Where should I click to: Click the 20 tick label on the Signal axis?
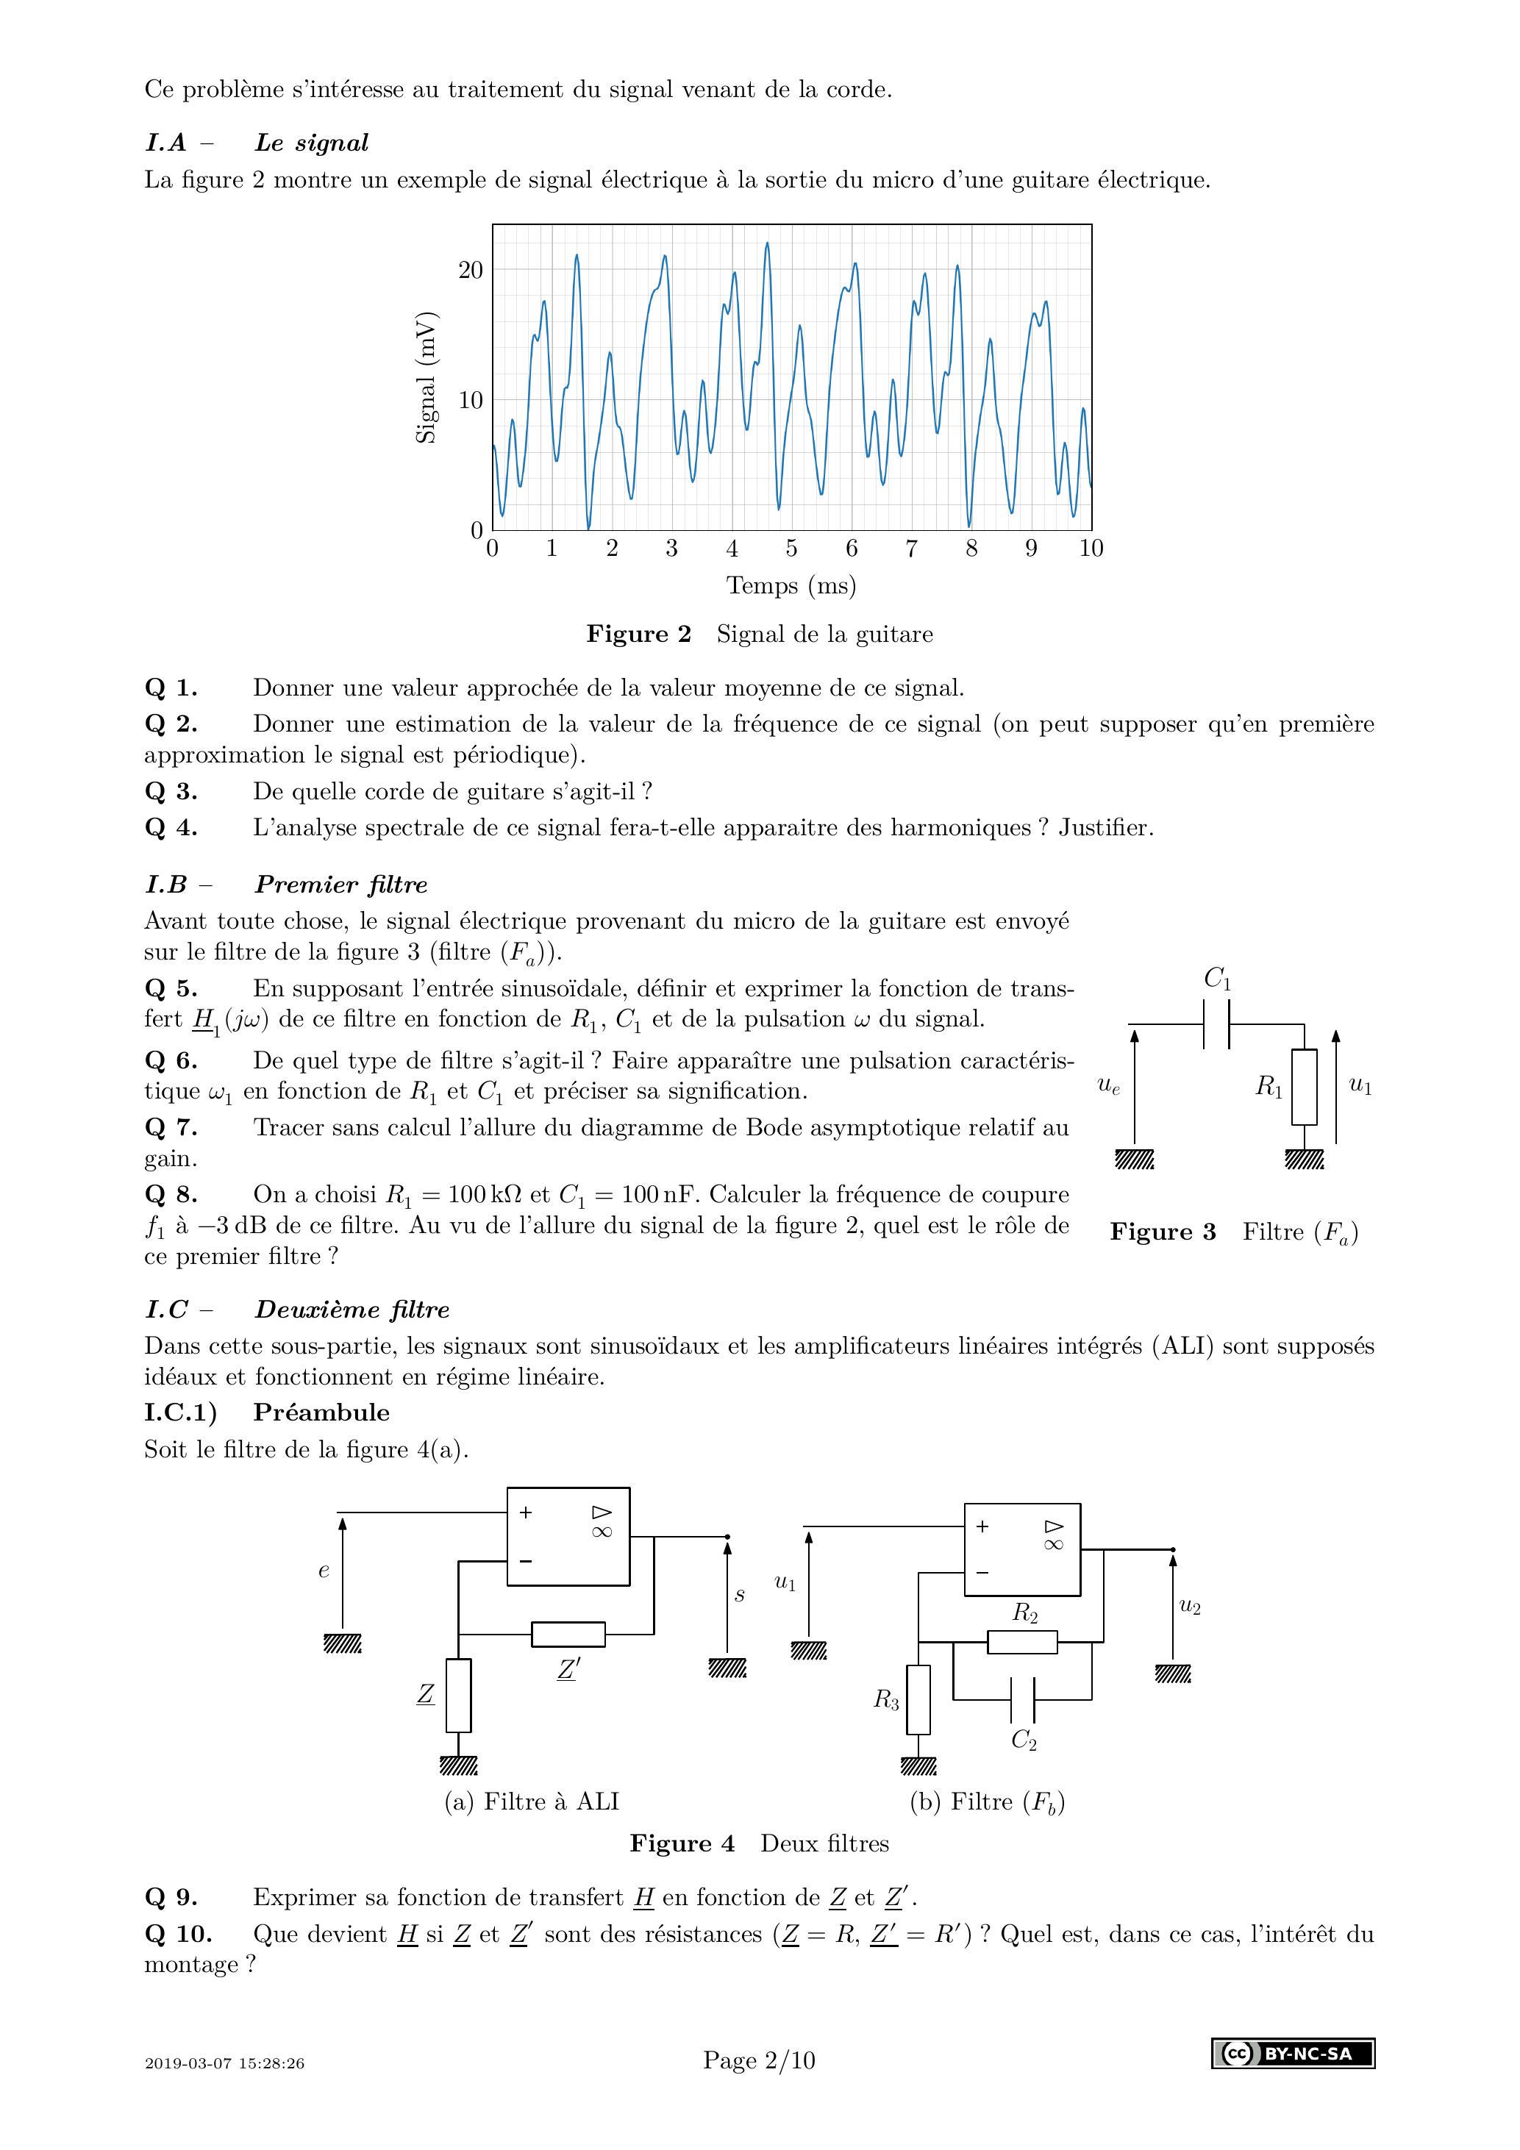[470, 271]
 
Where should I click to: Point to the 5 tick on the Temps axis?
[791, 549]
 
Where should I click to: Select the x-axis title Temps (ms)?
[791, 586]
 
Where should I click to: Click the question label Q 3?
[171, 792]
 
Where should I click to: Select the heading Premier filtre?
[341, 885]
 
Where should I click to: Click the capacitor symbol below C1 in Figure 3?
[1216, 1024]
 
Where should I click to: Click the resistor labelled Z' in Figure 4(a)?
[568, 1634]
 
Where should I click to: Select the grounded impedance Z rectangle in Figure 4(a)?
[458, 1695]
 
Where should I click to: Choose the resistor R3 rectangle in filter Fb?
[918, 1699]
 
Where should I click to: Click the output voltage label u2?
[1189, 1607]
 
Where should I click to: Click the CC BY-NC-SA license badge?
[1293, 2054]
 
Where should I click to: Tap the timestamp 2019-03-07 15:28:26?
[225, 2063]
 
